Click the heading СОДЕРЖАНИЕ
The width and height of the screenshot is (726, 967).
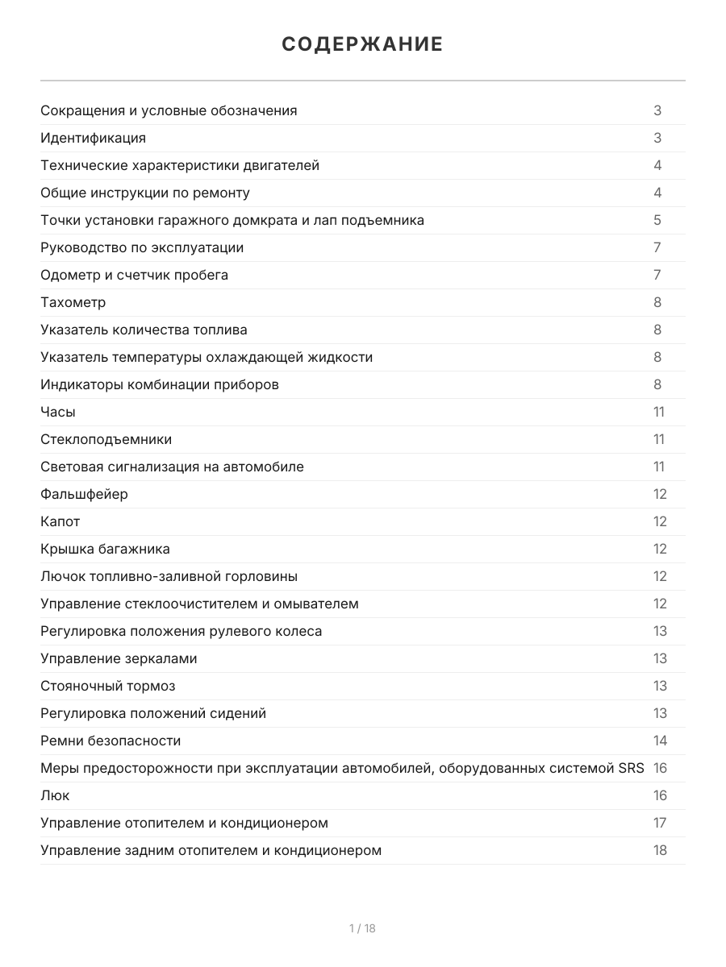(362, 44)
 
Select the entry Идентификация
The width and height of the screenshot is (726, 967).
(94, 138)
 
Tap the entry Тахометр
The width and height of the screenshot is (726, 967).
(73, 302)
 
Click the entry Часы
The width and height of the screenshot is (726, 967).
(58, 412)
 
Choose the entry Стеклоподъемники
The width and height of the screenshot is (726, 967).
(106, 439)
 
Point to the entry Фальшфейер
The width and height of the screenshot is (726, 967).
(84, 494)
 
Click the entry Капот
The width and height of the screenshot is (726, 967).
(60, 521)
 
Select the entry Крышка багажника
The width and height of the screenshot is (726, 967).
(106, 549)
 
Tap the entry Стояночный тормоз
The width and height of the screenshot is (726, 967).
(108, 686)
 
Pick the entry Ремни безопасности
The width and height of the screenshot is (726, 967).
(111, 741)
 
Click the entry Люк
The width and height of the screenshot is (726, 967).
(55, 795)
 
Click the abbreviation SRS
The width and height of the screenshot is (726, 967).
(631, 768)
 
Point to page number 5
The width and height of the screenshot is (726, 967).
(657, 220)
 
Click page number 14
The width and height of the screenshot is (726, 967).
(660, 741)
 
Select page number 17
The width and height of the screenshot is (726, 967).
(660, 823)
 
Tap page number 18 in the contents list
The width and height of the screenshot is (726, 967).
(660, 850)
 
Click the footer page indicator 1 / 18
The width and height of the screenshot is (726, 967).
(362, 928)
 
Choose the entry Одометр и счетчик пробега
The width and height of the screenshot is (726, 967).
(135, 275)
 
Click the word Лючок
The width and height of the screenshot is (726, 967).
(62, 576)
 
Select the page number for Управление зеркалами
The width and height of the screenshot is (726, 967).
(660, 658)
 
